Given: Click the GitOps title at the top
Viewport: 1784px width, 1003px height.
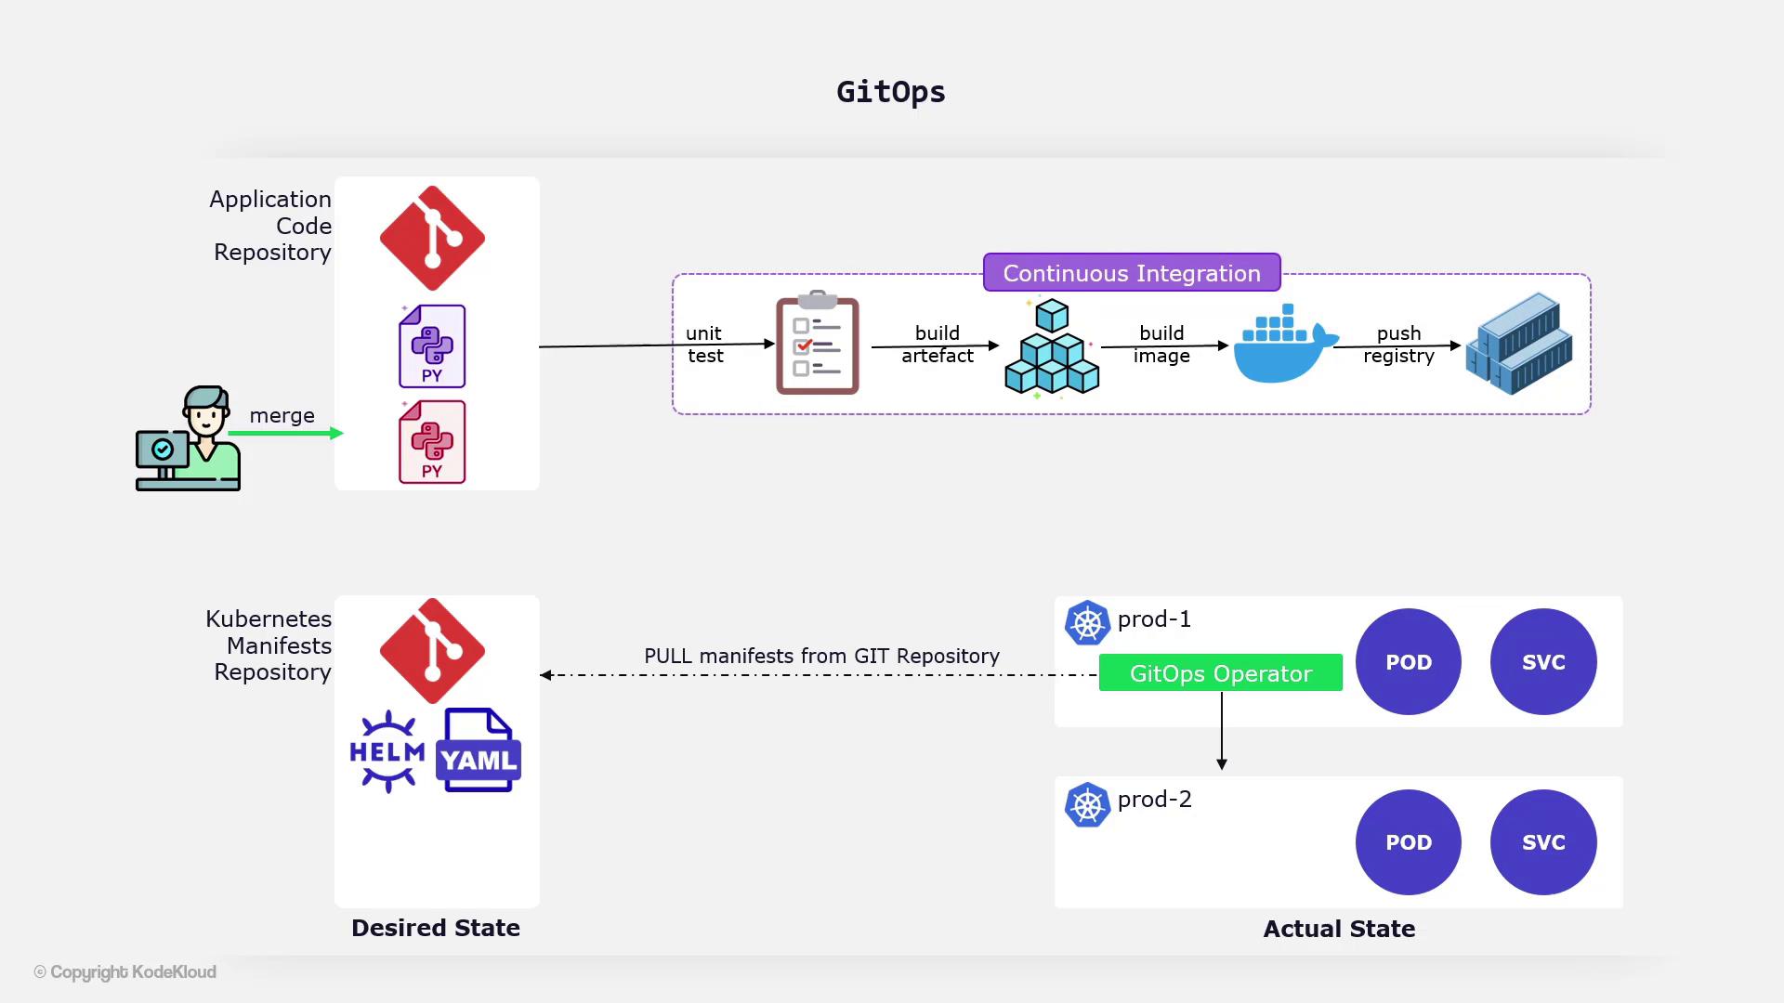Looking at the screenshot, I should [890, 92].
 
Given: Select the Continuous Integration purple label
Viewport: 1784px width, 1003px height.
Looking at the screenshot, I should [1132, 273].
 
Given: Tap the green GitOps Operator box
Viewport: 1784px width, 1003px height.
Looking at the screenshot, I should [1220, 673].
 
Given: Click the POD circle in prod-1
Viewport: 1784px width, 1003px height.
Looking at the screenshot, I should [1409, 662].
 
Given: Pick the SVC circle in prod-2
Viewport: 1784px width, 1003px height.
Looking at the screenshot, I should [1543, 842].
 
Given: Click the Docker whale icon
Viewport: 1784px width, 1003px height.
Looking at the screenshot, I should [1284, 345].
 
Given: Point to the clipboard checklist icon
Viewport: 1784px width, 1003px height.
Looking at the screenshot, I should [818, 345].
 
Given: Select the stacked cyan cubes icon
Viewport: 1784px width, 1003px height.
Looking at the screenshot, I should [1052, 347].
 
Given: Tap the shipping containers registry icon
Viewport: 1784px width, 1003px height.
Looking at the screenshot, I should [1519, 344].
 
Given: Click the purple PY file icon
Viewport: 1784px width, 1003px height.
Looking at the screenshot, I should [432, 346].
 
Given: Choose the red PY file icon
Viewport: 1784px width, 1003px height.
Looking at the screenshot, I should [432, 442].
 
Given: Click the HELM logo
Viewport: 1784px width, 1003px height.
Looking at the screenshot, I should [387, 751].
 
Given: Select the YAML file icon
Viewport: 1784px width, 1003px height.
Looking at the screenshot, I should [478, 751].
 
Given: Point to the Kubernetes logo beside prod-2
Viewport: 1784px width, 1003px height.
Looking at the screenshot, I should [1087, 805].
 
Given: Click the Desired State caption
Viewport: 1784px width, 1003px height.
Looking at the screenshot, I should [436, 928].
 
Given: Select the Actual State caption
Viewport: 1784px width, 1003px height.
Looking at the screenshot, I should [1339, 929].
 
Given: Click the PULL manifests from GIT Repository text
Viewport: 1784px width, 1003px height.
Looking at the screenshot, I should [821, 656].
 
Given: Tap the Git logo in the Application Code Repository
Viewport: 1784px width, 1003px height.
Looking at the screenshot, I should [432, 238].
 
